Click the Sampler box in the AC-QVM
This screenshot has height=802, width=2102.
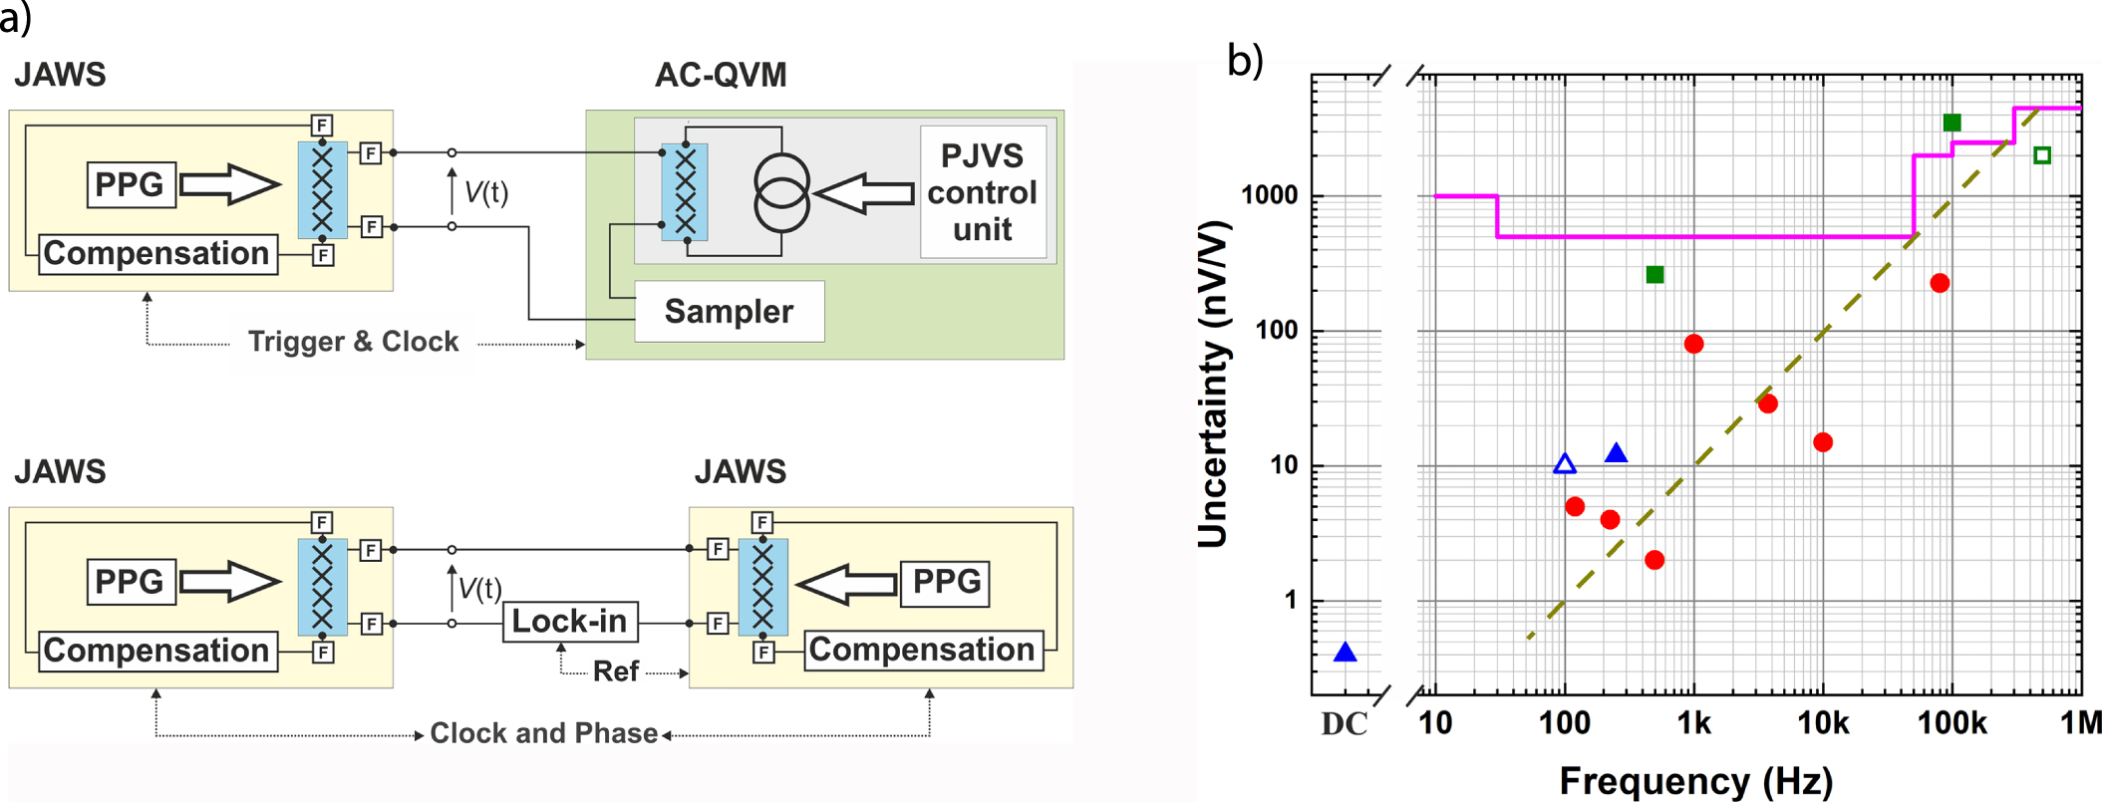pos(729,311)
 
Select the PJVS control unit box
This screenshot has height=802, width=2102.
pos(982,192)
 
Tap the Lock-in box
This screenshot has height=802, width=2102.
pos(569,622)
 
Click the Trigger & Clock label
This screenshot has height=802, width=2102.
pos(353,342)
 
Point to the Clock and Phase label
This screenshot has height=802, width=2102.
pos(543,733)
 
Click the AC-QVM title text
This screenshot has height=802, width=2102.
pos(721,75)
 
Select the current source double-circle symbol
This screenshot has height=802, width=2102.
pos(781,193)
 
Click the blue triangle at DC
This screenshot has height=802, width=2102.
pos(1345,654)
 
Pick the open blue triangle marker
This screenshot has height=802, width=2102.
pos(1565,464)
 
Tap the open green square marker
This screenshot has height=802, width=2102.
pos(2042,155)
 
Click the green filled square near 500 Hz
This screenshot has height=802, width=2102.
pos(1654,275)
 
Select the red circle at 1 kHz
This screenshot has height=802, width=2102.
pos(1693,344)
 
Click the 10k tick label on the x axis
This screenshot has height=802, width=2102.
pos(1822,723)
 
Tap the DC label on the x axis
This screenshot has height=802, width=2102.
pos(1344,723)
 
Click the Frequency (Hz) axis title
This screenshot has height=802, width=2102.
pos(1695,780)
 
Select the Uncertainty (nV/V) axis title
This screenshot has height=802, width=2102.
pos(1212,385)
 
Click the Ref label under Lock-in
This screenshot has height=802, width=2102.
pos(615,671)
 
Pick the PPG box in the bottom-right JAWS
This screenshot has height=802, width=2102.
pos(945,582)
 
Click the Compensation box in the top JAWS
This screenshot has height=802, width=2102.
pos(156,254)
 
